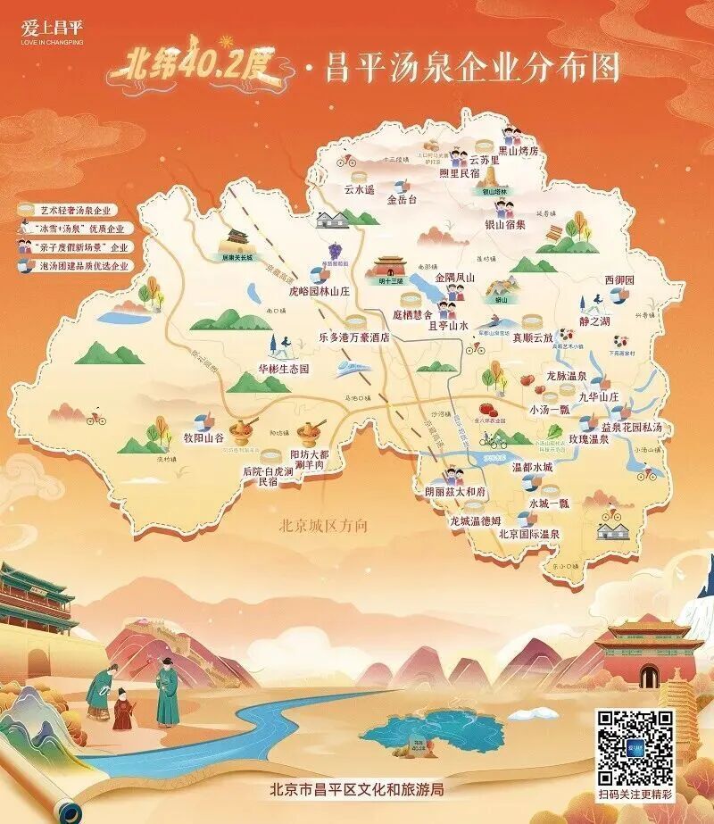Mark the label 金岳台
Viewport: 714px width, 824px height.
click(402, 201)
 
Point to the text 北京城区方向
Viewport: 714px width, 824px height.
click(323, 526)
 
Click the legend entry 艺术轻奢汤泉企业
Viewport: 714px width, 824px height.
click(75, 210)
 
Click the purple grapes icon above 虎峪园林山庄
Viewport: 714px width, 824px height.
click(336, 251)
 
